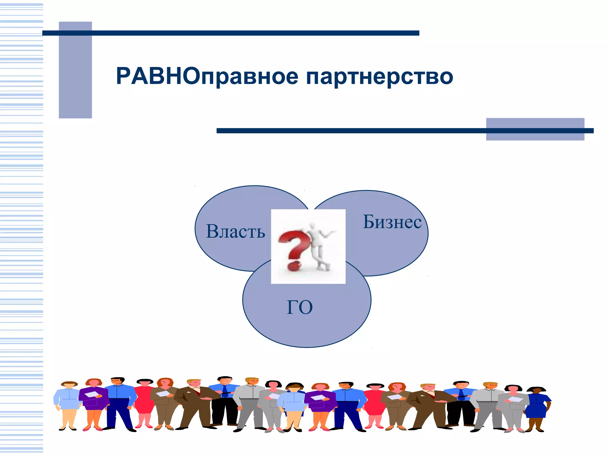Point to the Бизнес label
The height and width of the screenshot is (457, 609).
coord(392,222)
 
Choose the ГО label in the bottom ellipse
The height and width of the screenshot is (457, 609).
coord(299,307)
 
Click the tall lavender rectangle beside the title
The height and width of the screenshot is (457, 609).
coord(75,70)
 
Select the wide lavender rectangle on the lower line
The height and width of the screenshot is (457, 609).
coord(535,129)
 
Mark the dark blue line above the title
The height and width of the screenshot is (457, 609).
coord(230,33)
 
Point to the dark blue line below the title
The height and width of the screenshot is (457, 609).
coord(404,131)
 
